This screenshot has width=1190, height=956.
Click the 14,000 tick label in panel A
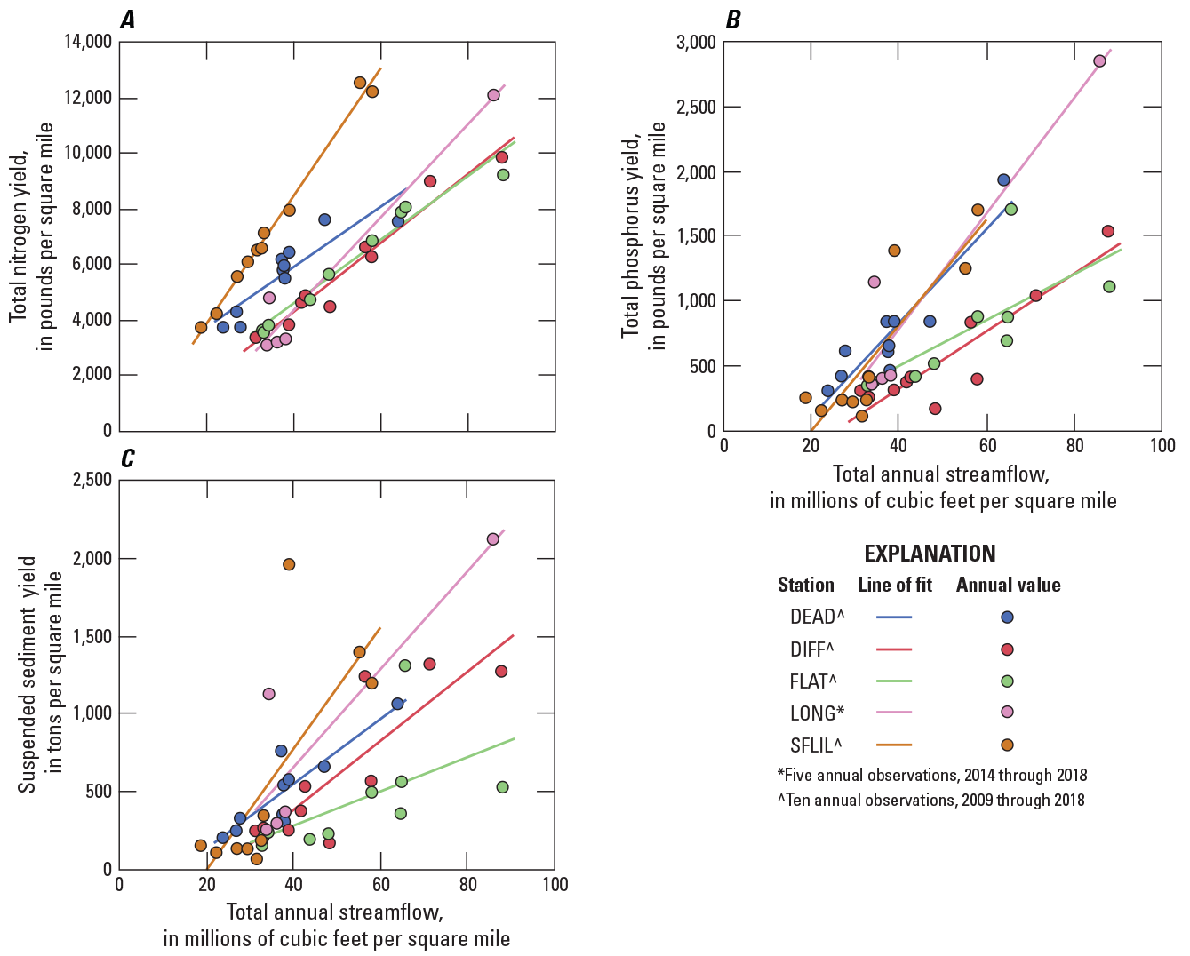coord(87,42)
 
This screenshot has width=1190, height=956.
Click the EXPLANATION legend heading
coord(930,554)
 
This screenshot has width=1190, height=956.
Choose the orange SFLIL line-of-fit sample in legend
coord(894,745)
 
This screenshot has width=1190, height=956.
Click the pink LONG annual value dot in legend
coord(1008,713)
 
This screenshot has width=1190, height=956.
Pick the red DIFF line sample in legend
coord(894,649)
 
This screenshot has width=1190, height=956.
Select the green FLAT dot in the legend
coord(1008,681)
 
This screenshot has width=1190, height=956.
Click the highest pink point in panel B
coord(1099,60)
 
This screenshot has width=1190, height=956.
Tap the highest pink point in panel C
coord(493,538)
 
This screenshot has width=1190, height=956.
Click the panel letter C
coord(128,459)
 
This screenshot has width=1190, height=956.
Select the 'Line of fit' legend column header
coord(895,585)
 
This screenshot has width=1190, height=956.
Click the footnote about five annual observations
coord(931,775)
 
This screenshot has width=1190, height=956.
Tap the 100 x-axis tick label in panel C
coord(555,885)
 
